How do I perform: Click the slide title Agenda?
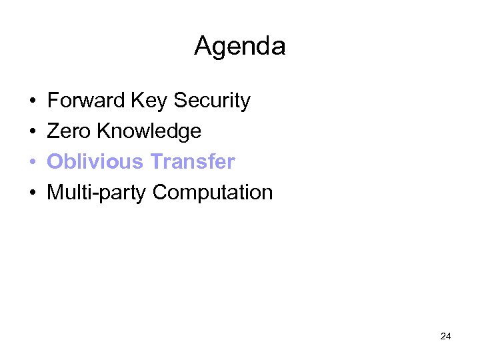point(240,46)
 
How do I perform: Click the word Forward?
point(87,101)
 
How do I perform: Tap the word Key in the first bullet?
point(150,101)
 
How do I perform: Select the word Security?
point(212,101)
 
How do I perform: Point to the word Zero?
point(69,131)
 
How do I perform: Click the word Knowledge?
point(149,131)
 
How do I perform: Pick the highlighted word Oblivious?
point(95,162)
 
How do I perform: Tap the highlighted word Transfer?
point(193,162)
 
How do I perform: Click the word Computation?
point(213,193)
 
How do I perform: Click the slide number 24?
point(446,336)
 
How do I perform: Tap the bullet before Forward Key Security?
point(32,101)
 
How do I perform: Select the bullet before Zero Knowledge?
point(32,132)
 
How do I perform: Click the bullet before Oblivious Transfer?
point(32,163)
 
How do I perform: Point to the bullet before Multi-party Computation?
point(32,193)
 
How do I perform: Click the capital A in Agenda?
point(202,46)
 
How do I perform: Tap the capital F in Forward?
point(53,101)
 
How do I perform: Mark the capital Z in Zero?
point(53,131)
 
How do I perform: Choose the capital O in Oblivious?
point(55,162)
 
